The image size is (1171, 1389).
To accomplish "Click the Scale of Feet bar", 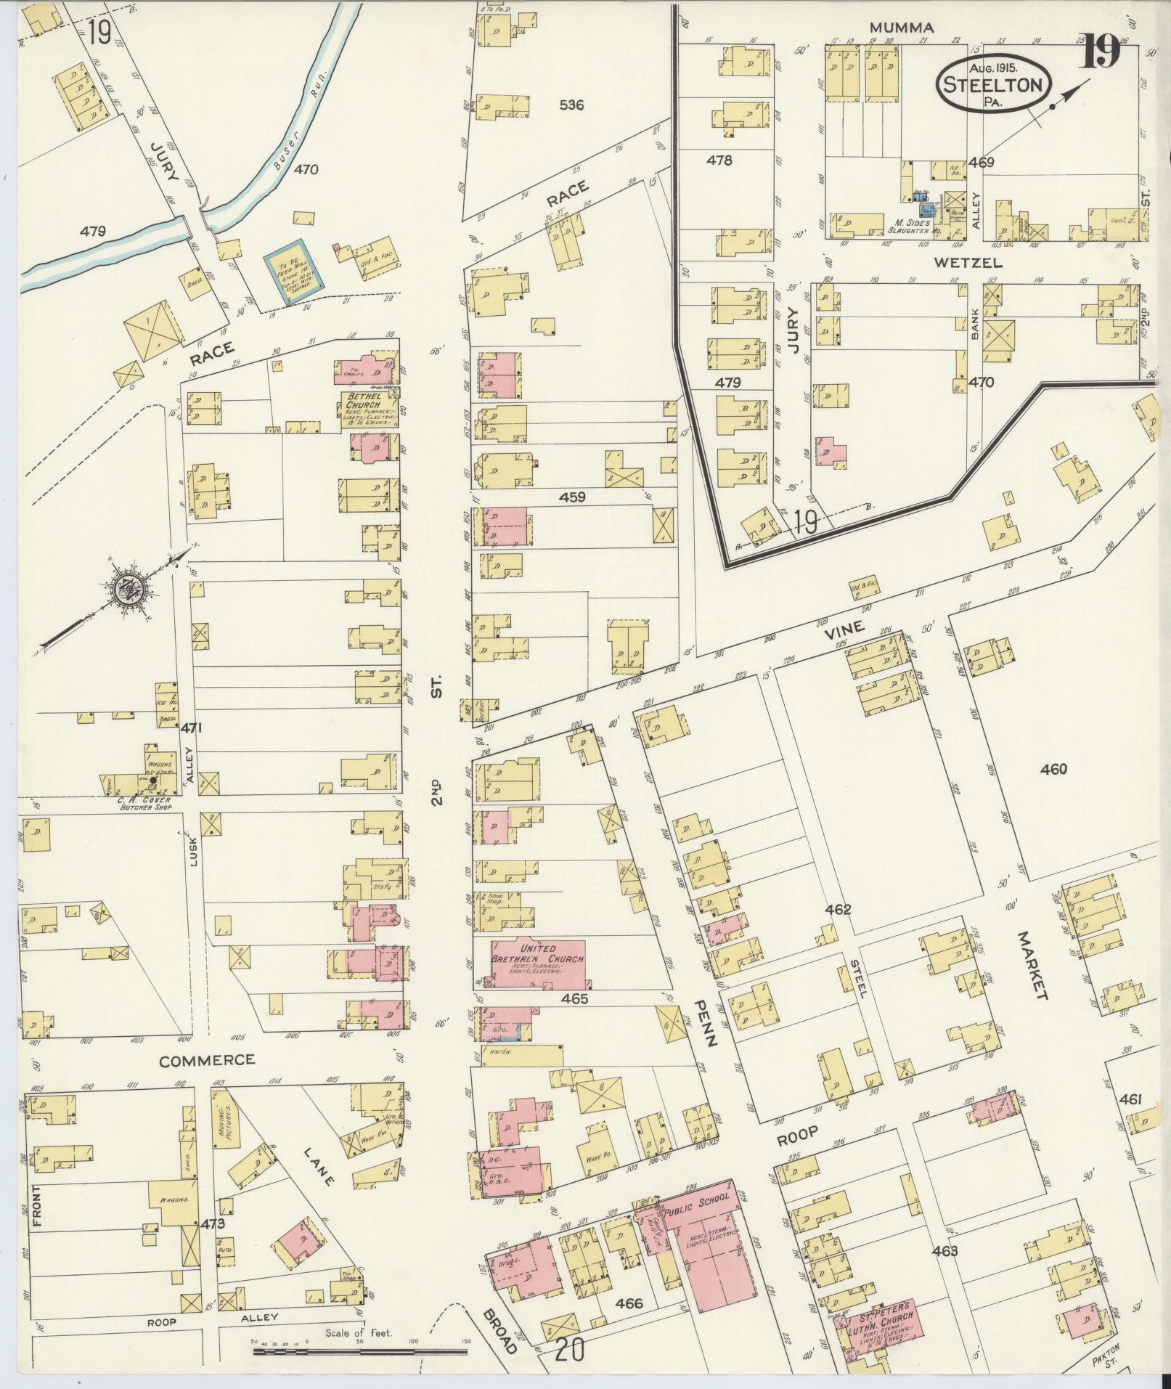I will tap(360, 1351).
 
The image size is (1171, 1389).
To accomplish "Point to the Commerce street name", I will tap(207, 1059).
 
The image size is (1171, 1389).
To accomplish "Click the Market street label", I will tap(1033, 964).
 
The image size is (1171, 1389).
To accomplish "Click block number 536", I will tap(572, 105).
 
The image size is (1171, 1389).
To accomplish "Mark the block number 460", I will tap(1053, 769).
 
